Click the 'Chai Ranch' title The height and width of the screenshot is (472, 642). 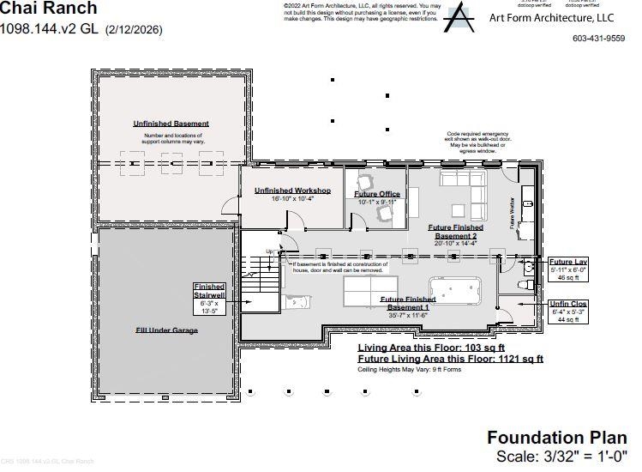tap(49, 9)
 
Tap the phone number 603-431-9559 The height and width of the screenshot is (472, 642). tap(598, 39)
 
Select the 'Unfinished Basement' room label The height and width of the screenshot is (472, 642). tap(171, 124)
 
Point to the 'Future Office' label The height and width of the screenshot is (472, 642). tap(377, 194)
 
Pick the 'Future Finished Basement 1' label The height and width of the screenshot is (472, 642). tap(408, 303)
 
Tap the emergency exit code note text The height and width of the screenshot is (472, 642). tap(477, 140)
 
